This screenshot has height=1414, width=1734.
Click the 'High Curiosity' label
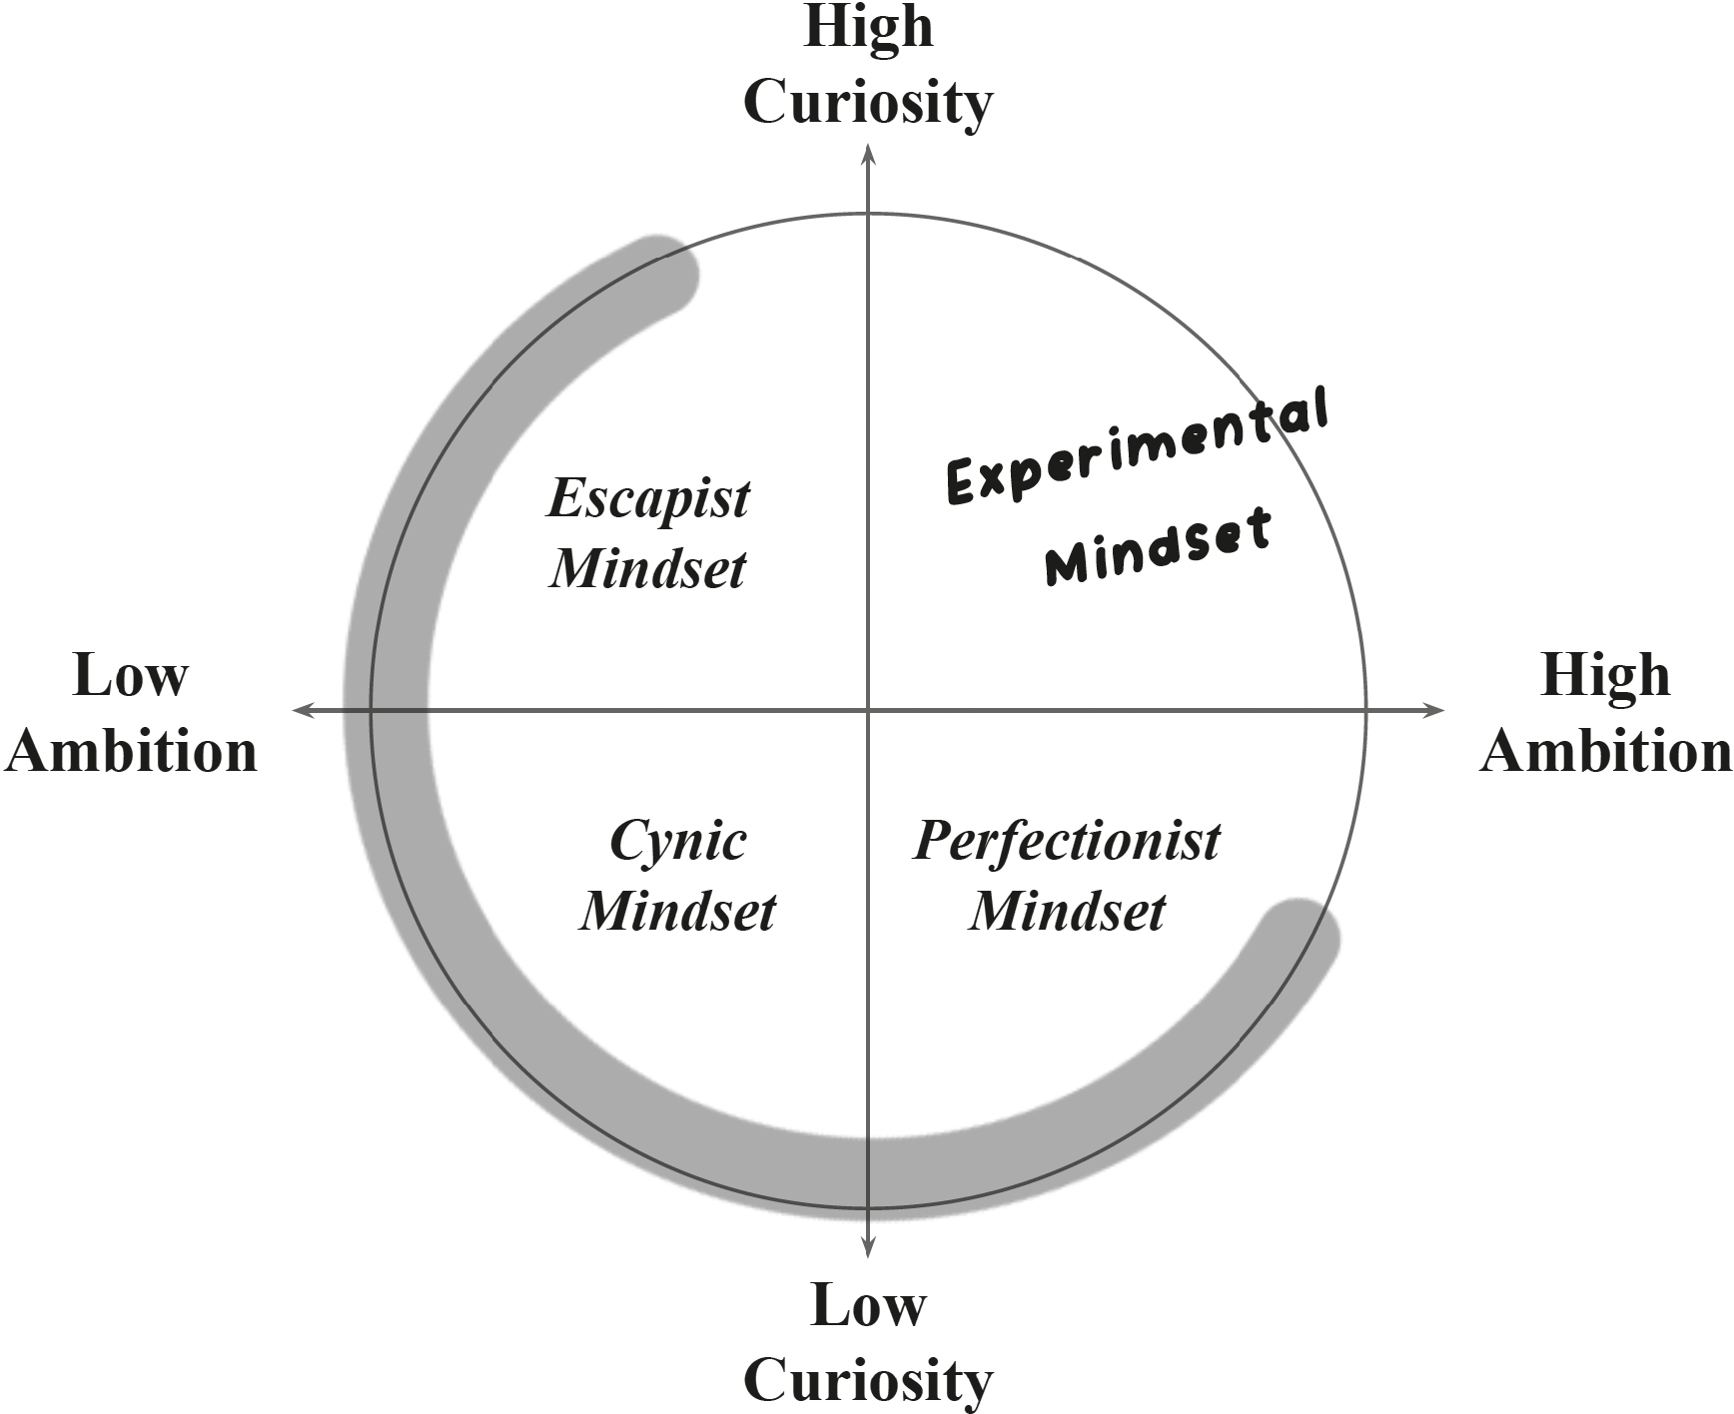[868, 65]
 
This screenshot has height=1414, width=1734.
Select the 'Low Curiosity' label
[868, 1343]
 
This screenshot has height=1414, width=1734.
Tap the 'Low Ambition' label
[131, 713]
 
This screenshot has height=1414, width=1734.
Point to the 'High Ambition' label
[1605, 713]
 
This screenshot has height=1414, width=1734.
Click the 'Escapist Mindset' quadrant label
[648, 533]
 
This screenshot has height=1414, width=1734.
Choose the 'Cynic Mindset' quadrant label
[678, 876]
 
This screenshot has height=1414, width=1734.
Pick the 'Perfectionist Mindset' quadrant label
[1067, 876]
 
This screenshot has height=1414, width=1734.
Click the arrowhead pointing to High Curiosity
[868, 152]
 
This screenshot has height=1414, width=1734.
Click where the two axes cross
[868, 710]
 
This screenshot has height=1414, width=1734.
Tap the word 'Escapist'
[648, 498]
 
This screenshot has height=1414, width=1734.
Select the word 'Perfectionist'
[1067, 841]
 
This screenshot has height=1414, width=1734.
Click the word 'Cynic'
[678, 841]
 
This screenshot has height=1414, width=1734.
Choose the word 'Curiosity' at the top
[868, 102]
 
